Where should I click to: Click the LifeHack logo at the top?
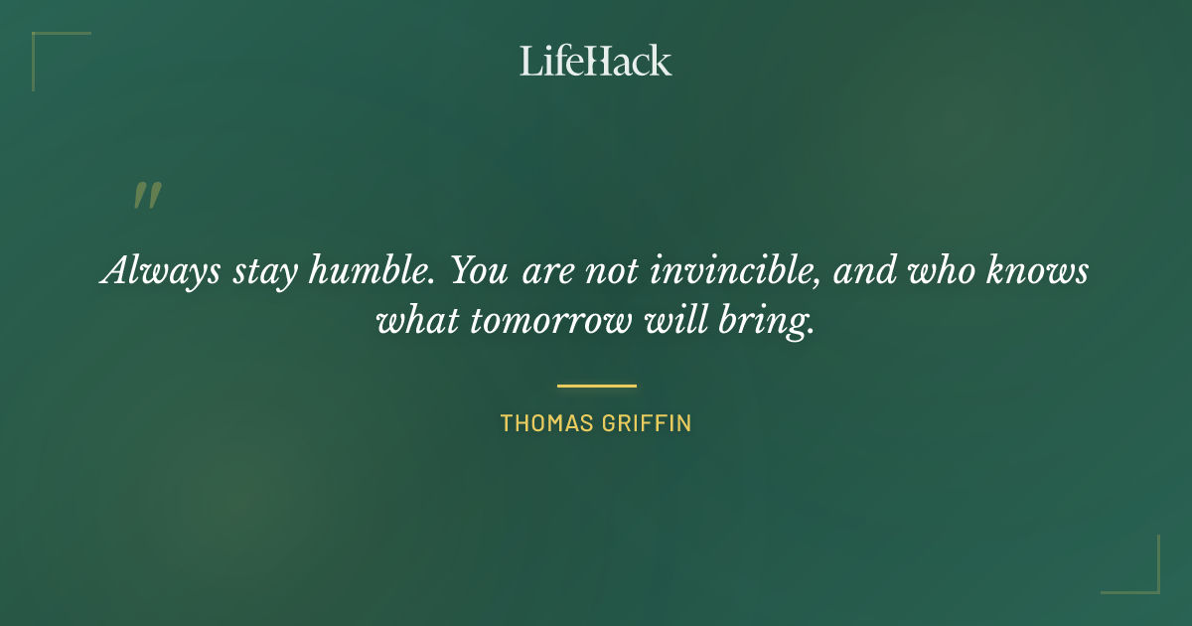(x=595, y=61)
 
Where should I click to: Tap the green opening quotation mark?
(x=146, y=196)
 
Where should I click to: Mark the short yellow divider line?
(x=596, y=386)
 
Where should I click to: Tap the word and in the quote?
(x=859, y=270)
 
